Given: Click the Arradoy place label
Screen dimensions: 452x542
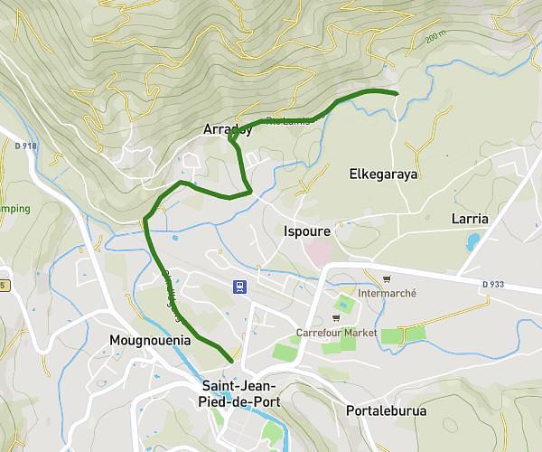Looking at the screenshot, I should [227, 128].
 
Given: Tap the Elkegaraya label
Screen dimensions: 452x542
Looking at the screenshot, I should [383, 174].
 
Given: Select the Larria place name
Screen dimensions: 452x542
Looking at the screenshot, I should [469, 219].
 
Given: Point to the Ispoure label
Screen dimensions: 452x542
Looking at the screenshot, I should [306, 231].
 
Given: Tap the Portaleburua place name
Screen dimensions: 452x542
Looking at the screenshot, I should [386, 410].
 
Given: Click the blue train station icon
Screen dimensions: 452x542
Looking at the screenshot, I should [238, 287].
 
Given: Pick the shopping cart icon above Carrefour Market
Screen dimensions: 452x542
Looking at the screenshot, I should [335, 318].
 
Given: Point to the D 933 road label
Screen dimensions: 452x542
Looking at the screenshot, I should [493, 284].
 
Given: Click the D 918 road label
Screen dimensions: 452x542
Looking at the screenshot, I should [24, 145].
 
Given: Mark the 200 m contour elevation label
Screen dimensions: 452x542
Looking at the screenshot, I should [437, 39].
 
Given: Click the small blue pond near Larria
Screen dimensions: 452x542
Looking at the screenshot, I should [473, 241].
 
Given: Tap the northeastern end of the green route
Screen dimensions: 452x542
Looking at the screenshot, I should [397, 93].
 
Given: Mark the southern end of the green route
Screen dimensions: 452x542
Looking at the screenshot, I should [232, 361].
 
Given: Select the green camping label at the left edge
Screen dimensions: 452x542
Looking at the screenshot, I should [14, 209].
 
